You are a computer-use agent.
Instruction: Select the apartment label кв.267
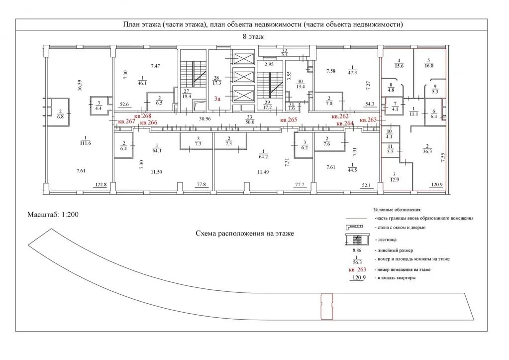pos(126,121)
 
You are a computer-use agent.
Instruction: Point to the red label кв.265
pos(289,120)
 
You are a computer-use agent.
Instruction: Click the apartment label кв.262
pos(341,116)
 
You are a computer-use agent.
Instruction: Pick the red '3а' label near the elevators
pos(217,99)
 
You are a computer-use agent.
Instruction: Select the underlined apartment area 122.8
pos(101,185)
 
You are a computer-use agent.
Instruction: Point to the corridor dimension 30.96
pos(205,119)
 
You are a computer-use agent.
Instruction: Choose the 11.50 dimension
pos(157,172)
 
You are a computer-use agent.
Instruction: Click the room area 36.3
pos(426,151)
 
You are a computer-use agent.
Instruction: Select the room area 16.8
pos(429,65)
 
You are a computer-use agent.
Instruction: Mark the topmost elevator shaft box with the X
pos(244,59)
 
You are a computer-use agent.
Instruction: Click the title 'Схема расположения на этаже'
pos(245,233)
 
